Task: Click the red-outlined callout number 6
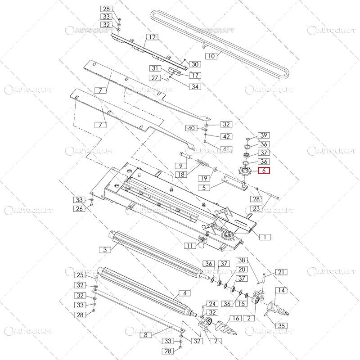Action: tap(264, 171)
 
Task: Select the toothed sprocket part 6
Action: tap(245, 171)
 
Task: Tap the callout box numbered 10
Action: tap(211, 56)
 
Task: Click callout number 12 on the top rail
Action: tap(152, 37)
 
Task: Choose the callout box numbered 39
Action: tap(264, 135)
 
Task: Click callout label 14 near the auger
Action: tap(281, 290)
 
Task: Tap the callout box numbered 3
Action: tap(105, 250)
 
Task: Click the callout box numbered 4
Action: tap(184, 293)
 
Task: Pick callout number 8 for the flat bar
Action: tap(145, 335)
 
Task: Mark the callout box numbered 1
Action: tap(265, 237)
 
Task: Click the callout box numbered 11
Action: tap(190, 246)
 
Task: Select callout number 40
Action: tap(191, 128)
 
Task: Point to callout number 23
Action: tap(256, 208)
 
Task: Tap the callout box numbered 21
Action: tap(281, 272)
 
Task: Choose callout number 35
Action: tap(281, 326)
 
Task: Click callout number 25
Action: tap(80, 275)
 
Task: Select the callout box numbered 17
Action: tap(195, 75)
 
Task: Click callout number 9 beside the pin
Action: tap(181, 166)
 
